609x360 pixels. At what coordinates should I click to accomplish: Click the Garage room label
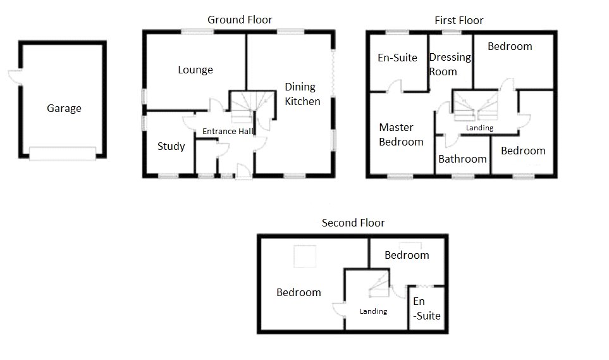(64, 108)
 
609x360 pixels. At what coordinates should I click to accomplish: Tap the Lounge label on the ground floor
(195, 70)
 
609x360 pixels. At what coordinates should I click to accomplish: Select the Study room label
(171, 146)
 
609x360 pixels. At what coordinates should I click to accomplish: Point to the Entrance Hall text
(227, 132)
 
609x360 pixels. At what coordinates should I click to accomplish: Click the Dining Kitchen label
(302, 94)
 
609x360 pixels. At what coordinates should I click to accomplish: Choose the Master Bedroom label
(400, 135)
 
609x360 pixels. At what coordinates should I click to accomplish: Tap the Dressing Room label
(450, 64)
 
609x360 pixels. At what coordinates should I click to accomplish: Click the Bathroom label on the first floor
(463, 159)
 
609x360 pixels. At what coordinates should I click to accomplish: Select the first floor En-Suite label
(397, 58)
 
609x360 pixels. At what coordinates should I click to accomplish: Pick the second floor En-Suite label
(426, 309)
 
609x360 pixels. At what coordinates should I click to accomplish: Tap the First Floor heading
(458, 20)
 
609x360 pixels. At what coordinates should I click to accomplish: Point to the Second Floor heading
(353, 223)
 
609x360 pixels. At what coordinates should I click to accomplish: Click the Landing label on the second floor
(373, 311)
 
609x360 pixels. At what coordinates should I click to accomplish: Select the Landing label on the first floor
(479, 128)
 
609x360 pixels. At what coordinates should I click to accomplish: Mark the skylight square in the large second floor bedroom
(303, 256)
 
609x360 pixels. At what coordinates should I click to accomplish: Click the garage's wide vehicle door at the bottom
(63, 153)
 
